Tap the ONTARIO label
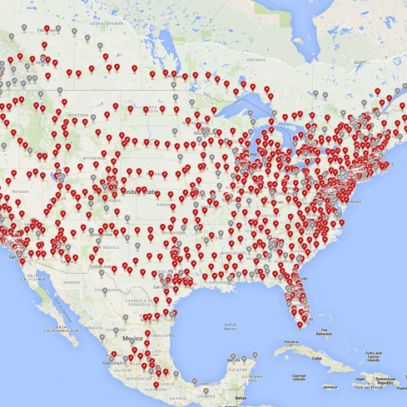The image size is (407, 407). click(255, 59)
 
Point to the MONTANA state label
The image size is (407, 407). click(78, 115)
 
